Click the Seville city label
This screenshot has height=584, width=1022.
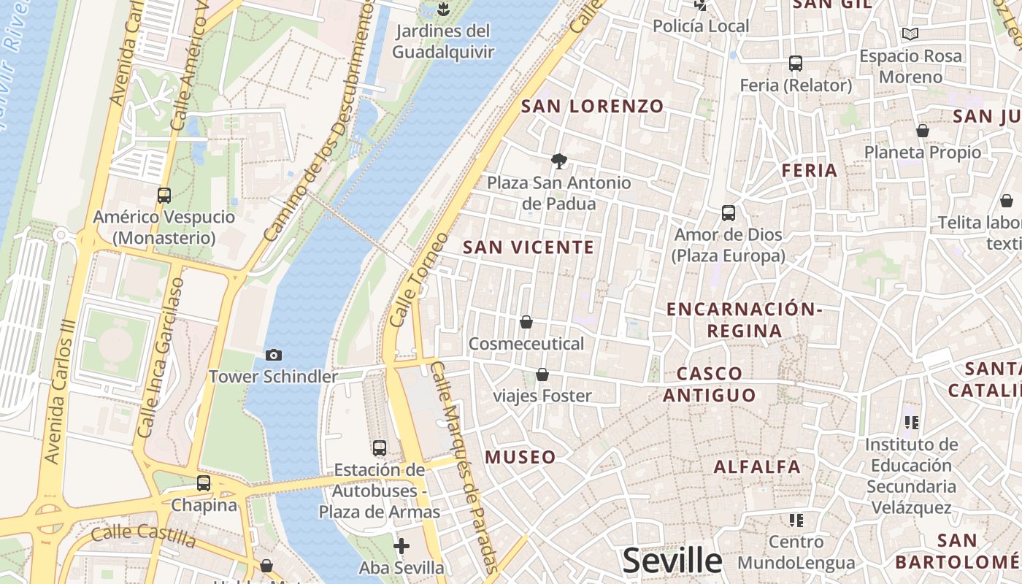[672, 561]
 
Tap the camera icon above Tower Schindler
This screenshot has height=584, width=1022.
[274, 355]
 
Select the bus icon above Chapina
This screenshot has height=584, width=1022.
[204, 483]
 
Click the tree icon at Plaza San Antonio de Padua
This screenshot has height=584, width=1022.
[559, 161]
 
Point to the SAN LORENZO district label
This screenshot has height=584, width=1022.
[592, 107]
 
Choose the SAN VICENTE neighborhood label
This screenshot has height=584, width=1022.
[529, 247]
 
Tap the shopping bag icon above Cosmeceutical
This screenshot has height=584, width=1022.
[526, 322]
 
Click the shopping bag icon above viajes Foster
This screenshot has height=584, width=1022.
[542, 374]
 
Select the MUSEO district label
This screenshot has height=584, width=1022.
[520, 458]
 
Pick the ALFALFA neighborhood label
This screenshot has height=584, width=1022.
[757, 466]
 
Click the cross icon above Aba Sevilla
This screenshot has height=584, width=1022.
[401, 546]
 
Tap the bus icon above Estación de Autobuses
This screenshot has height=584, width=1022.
[380, 448]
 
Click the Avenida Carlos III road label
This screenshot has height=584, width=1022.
[61, 391]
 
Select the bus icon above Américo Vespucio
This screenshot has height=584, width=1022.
[164, 196]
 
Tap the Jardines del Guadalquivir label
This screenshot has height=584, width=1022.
[442, 42]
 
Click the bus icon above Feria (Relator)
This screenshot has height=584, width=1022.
[796, 64]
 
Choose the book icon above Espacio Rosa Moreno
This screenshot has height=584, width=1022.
[910, 34]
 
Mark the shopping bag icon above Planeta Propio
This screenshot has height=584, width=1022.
[923, 131]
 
